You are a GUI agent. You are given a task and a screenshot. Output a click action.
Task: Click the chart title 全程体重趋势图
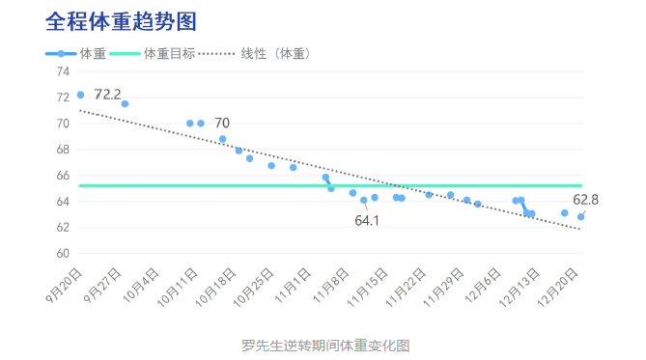click(121, 21)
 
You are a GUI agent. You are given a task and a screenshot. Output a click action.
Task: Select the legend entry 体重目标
click(169, 53)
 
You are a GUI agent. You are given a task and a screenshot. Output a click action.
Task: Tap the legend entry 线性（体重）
click(275, 53)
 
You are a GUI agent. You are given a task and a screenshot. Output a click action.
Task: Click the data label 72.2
click(107, 95)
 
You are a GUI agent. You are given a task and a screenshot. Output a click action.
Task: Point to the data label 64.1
click(367, 220)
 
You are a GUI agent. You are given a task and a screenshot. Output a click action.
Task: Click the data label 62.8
click(585, 200)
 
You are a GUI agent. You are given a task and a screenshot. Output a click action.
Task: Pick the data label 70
click(222, 123)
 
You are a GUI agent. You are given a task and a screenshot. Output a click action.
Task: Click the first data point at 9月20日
click(80, 95)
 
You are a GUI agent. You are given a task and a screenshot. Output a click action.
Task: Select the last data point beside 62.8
click(580, 216)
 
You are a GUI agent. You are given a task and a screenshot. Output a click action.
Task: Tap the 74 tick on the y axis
click(63, 71)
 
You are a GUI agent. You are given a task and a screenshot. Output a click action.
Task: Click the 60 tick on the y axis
click(63, 253)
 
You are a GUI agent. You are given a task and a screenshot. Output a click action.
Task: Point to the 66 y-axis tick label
click(63, 176)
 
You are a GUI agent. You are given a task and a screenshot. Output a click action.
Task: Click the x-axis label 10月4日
click(141, 285)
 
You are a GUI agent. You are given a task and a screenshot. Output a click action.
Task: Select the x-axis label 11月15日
click(368, 287)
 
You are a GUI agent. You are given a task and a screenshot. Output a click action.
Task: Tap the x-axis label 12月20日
click(558, 287)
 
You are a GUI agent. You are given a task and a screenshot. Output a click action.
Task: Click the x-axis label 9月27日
click(102, 285)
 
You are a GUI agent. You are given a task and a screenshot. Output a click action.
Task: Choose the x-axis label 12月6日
click(483, 285)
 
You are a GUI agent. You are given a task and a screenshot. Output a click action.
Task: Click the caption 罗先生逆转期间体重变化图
click(325, 346)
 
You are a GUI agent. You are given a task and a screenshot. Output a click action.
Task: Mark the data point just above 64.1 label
click(364, 200)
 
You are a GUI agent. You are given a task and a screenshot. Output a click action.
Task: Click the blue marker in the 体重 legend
click(61, 53)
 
